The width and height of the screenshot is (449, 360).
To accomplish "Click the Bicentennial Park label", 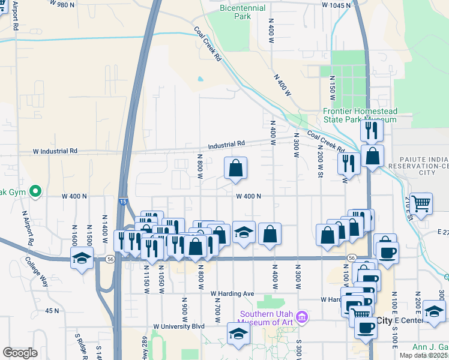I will point(243,11).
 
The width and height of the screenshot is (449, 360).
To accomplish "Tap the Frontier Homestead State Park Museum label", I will point(360,115).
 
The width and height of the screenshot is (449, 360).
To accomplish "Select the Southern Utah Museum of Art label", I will point(267,318).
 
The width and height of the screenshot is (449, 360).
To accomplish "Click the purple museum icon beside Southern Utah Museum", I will point(303,316).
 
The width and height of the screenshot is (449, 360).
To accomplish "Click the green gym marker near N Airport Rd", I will point(35,192).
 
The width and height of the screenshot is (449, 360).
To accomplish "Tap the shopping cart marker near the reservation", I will point(421,203).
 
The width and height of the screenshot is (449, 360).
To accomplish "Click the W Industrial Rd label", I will point(55,151).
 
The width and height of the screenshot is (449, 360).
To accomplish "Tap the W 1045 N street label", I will point(336,5).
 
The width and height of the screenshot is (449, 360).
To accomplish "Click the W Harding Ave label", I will point(232,293).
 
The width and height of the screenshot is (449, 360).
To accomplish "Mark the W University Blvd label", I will point(179,326).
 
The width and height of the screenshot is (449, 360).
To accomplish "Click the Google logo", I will point(20,353).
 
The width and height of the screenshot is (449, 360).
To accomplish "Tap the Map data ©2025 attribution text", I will point(423,355).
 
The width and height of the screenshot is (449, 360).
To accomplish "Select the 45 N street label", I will point(52,311).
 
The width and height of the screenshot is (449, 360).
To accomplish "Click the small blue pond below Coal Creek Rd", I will point(199,79).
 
